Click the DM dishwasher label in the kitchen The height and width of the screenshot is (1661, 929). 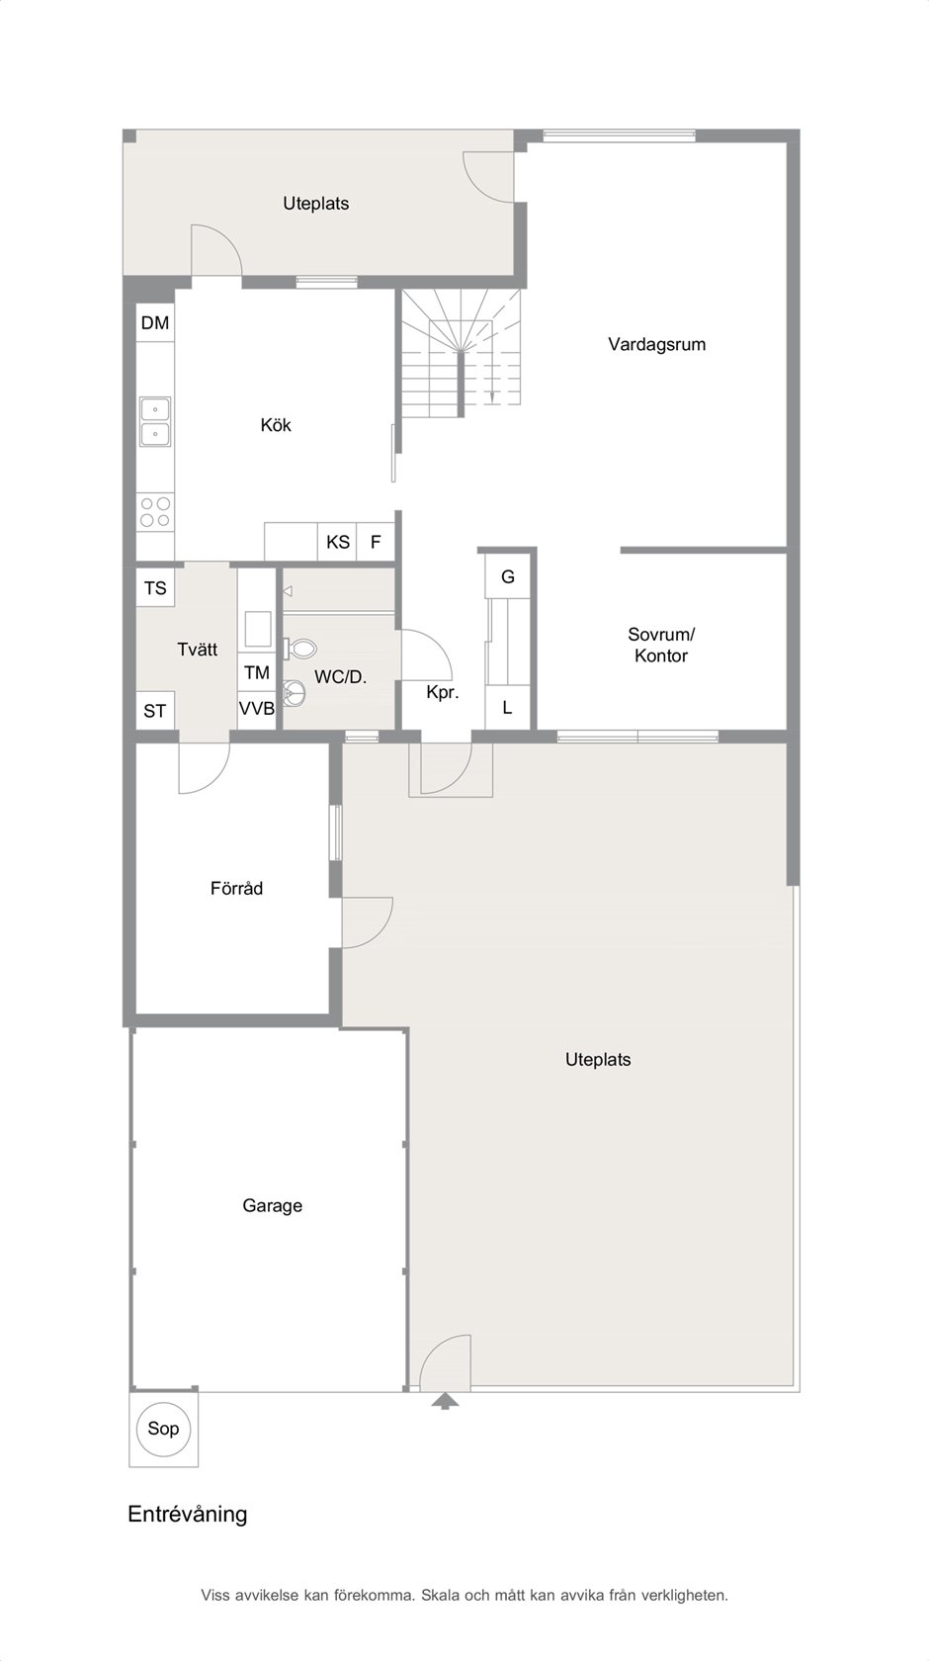(x=155, y=322)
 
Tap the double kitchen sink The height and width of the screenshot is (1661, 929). (x=155, y=421)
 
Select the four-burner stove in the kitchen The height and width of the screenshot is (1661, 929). (x=155, y=512)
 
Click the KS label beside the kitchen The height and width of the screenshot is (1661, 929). (x=337, y=542)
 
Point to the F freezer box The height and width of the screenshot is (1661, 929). (x=376, y=542)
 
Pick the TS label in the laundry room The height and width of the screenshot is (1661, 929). (x=155, y=588)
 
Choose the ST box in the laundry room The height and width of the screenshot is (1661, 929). (x=155, y=710)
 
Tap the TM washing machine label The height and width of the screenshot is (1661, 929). (x=257, y=672)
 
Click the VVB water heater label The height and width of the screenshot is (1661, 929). (x=257, y=708)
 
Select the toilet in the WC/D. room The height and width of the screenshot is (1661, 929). (x=299, y=649)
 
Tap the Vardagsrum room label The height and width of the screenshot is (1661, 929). (x=657, y=344)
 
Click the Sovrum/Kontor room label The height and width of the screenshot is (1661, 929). (x=661, y=645)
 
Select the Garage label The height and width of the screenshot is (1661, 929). (x=272, y=1206)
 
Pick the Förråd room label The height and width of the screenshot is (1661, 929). (x=236, y=888)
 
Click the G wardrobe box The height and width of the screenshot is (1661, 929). (x=508, y=576)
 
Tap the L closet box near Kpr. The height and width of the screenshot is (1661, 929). (x=508, y=708)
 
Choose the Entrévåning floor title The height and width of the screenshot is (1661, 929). (x=188, y=1515)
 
